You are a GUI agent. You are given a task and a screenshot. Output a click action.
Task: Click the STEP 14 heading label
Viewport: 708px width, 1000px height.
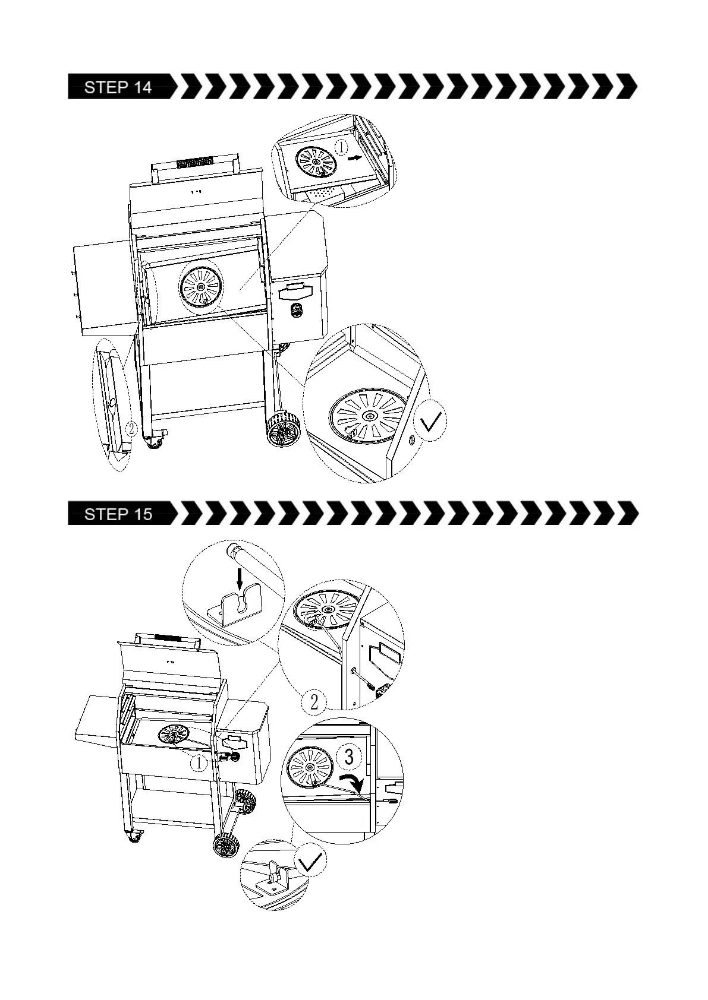[x=118, y=87]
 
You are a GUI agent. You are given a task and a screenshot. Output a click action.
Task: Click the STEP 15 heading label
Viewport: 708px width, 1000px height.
[x=118, y=514]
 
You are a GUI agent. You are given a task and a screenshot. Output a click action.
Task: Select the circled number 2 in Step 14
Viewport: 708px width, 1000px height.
[x=131, y=428]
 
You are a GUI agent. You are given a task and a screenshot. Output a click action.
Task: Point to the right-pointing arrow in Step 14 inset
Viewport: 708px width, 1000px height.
[x=354, y=158]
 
